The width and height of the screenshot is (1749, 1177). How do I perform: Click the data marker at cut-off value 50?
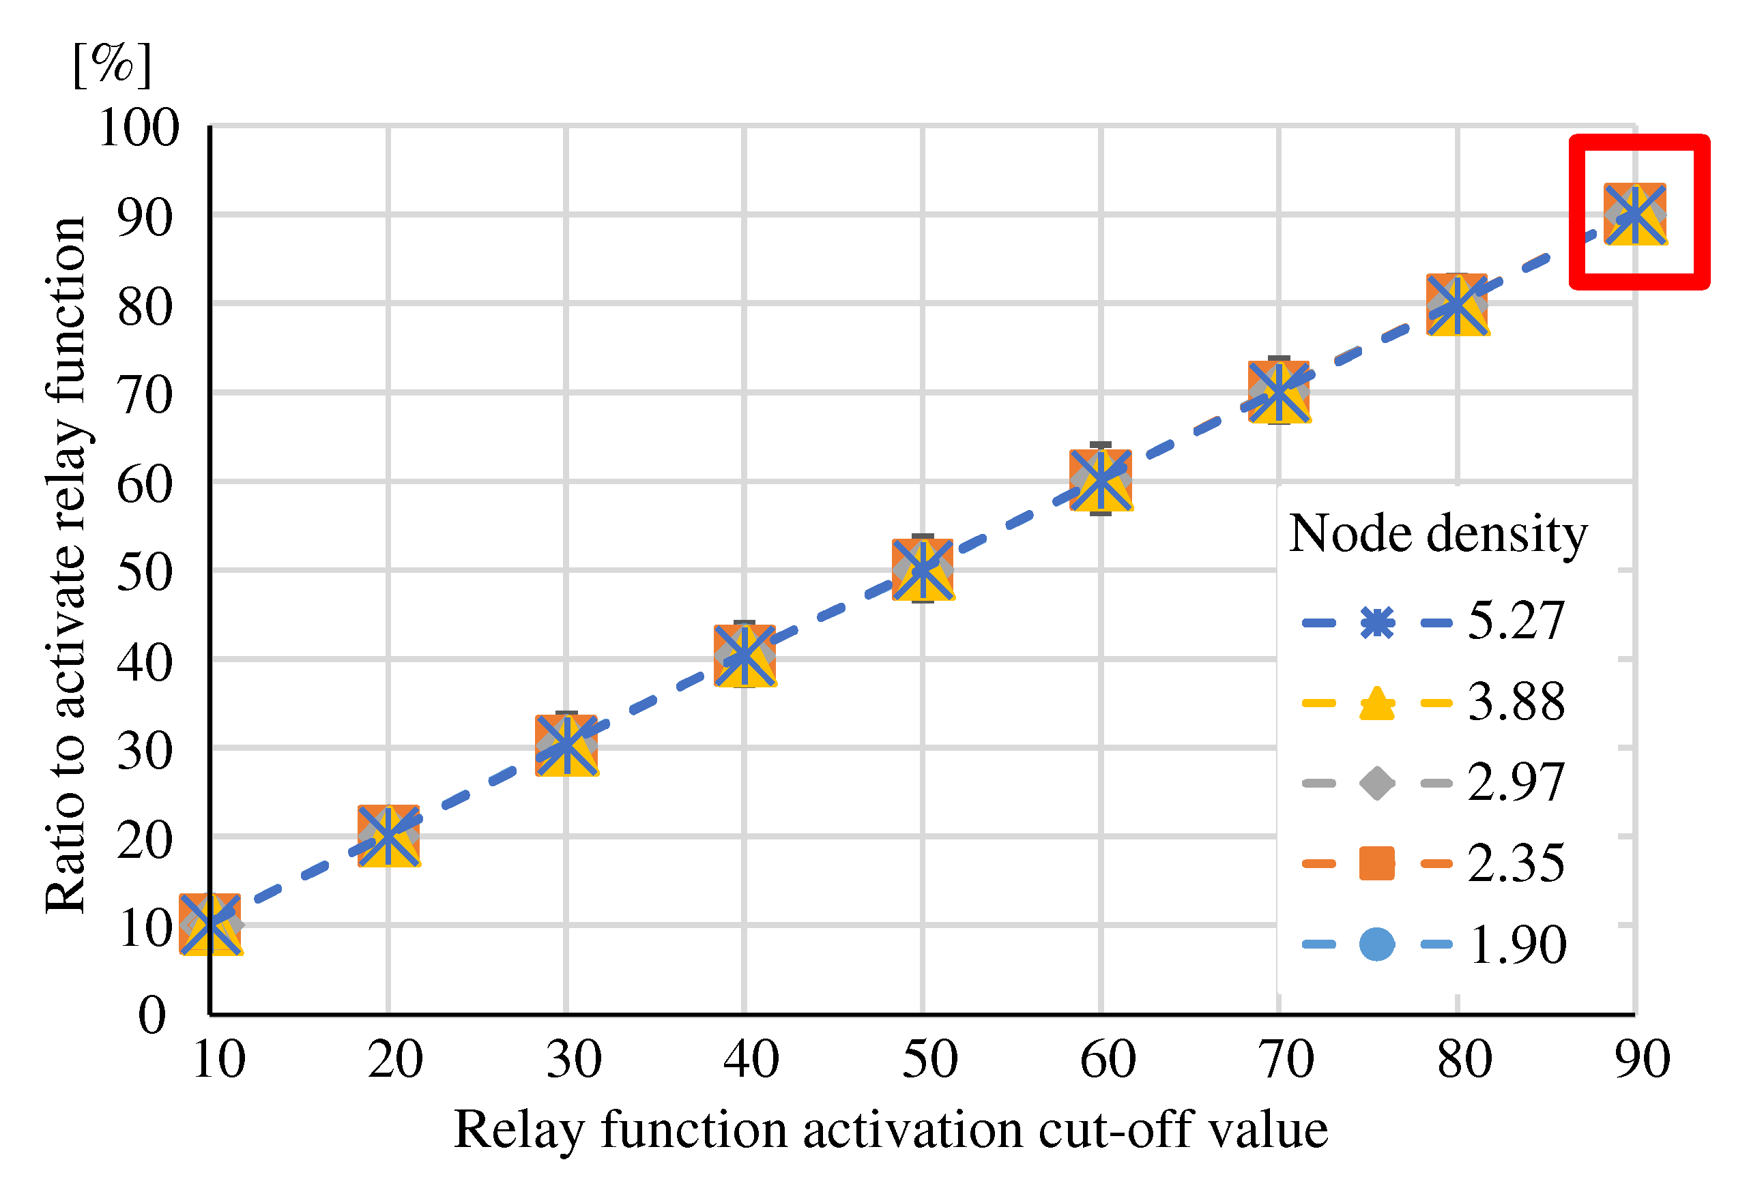(922, 569)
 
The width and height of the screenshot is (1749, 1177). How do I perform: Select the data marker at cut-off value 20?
(388, 835)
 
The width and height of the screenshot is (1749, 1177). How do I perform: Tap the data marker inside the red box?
(1635, 215)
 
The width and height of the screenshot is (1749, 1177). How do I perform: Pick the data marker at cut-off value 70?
(1278, 392)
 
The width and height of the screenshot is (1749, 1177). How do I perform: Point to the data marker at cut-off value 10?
(210, 923)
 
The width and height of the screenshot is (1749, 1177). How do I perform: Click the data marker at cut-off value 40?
(745, 655)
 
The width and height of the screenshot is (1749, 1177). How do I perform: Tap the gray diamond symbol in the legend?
(1376, 784)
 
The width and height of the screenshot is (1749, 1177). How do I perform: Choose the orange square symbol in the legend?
(1376, 863)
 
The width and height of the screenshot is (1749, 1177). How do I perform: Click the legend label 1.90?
(1517, 944)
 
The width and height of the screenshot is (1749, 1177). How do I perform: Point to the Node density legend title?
(1437, 535)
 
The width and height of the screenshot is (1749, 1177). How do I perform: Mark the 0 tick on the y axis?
(151, 1015)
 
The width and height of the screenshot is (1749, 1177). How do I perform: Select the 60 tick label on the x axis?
(1108, 1060)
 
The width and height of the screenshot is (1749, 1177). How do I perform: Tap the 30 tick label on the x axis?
(574, 1060)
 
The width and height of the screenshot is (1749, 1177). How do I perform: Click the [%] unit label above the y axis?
(113, 64)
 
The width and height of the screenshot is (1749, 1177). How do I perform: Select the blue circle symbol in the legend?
(1376, 944)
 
